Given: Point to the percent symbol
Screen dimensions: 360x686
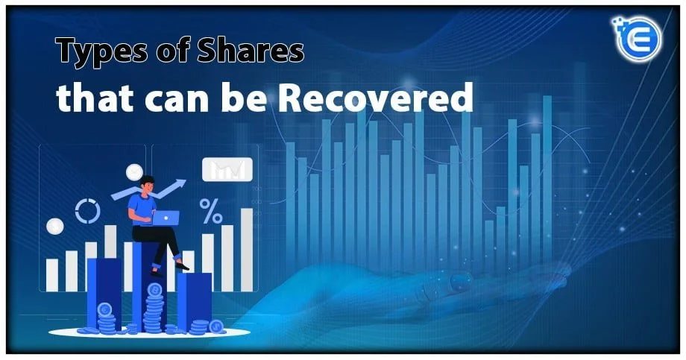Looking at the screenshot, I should pyautogui.click(x=211, y=211).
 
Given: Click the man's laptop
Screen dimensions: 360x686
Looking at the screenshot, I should pyautogui.click(x=165, y=217).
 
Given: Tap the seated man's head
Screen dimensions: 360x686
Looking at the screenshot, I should pyautogui.click(x=147, y=183).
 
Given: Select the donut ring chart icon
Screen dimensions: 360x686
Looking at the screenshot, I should pyautogui.click(x=87, y=211).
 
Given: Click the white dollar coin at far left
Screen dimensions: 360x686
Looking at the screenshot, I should pyautogui.click(x=54, y=226).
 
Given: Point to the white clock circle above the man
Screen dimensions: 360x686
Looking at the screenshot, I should pyautogui.click(x=134, y=172).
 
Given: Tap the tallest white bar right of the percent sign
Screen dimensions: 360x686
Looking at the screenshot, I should pyautogui.click(x=247, y=249).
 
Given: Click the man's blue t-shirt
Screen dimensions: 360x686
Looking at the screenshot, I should pyautogui.click(x=141, y=206).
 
